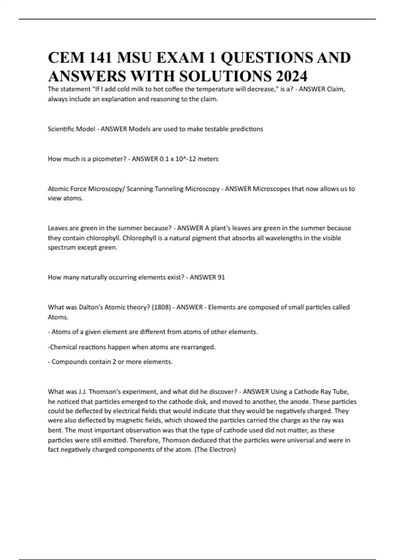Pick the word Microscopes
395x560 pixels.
pos(271,189)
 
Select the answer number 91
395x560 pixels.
pos(221,277)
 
